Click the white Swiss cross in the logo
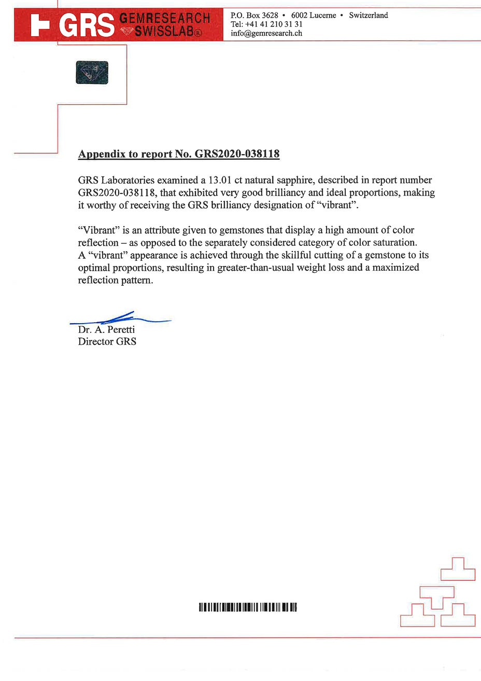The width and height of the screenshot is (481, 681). tap(40, 25)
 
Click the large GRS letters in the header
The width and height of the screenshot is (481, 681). tap(86, 25)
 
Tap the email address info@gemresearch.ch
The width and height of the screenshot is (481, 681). tap(266, 33)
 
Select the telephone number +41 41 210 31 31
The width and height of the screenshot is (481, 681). tap(274, 24)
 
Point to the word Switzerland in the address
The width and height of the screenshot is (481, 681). tap(368, 16)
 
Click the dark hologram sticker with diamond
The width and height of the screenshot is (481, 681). tap(92, 72)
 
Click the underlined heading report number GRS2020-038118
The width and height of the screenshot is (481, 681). tap(237, 154)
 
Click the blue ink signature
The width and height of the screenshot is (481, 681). tap(120, 318)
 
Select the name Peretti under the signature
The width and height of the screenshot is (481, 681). tap(121, 329)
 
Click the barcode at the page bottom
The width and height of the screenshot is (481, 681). tap(247, 607)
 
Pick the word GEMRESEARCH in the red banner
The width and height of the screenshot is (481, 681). tap(165, 19)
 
